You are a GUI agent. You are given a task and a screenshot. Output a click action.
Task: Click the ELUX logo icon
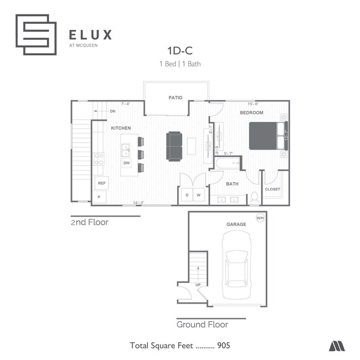[x=36, y=34]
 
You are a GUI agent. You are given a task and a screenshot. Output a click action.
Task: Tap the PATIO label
[x=175, y=97]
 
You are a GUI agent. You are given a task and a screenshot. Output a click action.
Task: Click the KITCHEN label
[x=121, y=128]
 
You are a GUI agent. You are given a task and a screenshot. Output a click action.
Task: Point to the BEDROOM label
[x=251, y=112]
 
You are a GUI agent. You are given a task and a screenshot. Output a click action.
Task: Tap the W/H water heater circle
[x=260, y=218]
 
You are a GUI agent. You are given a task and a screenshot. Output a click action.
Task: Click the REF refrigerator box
[x=101, y=183]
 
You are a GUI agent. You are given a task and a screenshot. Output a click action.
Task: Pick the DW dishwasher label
[x=126, y=163]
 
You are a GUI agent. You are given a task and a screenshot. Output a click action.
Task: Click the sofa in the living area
[x=174, y=146]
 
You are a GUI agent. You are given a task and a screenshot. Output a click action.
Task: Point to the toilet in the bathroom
[x=255, y=197]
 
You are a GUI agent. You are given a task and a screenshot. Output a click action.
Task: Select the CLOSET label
[x=272, y=189]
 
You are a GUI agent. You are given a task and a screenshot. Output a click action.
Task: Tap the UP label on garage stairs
[x=198, y=285]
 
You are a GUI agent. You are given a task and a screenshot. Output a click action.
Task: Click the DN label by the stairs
[x=112, y=111]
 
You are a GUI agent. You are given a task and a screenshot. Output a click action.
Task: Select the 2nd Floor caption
[x=89, y=223]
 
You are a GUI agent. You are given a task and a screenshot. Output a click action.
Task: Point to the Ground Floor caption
[x=202, y=325]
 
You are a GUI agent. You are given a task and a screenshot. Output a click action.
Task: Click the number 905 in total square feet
[x=223, y=345]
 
